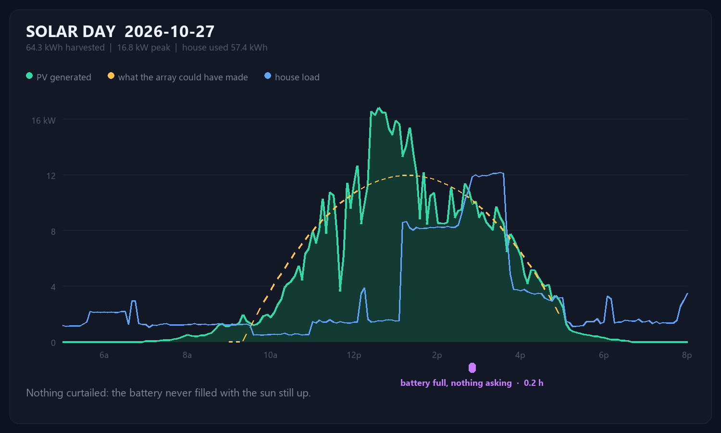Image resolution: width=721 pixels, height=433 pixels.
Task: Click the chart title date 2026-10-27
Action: point(169,32)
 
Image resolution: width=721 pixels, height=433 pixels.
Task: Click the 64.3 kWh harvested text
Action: point(65,48)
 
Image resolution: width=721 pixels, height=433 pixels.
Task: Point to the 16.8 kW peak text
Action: point(144,48)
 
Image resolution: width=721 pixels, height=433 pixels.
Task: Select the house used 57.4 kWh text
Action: point(224,48)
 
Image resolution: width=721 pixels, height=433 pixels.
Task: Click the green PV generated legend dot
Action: point(29,76)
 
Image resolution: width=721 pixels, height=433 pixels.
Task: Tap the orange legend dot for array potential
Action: point(111,76)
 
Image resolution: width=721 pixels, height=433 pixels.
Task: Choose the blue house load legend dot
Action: point(267,76)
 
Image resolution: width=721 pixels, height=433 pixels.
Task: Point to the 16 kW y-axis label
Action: point(43,121)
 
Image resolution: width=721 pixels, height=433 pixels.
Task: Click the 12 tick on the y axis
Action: point(51,176)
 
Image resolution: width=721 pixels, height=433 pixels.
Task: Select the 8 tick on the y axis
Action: point(53,231)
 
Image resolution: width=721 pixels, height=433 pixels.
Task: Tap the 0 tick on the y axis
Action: point(53,343)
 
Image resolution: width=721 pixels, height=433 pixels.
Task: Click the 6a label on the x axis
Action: point(104,355)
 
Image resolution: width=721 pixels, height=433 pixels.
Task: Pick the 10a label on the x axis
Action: point(270,355)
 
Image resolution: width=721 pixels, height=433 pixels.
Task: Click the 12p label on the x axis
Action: point(354,356)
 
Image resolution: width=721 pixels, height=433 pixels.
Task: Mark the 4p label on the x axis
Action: point(520,356)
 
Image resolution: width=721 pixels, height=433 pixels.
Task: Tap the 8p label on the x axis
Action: point(686,356)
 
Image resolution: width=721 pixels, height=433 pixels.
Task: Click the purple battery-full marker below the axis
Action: point(472,368)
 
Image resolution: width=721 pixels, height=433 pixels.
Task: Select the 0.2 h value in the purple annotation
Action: point(534,383)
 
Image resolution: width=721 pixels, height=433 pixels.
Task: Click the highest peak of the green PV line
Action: point(379,108)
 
